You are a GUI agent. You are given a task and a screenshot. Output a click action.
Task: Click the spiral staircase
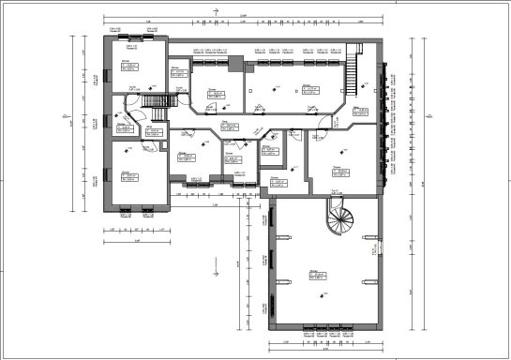(x=338, y=221)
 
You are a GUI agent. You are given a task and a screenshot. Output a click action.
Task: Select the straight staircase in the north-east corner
(x=353, y=70)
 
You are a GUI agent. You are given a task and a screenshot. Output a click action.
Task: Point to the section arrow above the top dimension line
(x=218, y=11)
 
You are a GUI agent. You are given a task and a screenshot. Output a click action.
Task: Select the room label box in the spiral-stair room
(x=317, y=276)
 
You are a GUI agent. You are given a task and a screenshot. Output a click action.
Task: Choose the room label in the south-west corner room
(x=128, y=175)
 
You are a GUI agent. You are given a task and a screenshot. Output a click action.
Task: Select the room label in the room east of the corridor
(x=339, y=172)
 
